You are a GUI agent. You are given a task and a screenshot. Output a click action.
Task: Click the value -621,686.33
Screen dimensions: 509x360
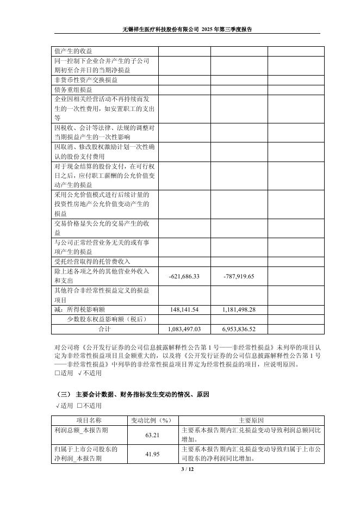point(185,276)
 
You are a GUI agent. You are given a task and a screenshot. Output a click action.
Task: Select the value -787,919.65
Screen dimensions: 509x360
point(239,276)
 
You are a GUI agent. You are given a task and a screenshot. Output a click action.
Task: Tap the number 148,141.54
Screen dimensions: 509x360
point(184,309)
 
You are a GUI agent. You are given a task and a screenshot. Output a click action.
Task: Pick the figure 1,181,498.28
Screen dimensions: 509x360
point(239,309)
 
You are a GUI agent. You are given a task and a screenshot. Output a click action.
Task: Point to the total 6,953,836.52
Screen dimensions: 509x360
point(239,329)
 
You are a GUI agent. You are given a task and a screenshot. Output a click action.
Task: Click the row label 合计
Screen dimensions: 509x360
point(104,329)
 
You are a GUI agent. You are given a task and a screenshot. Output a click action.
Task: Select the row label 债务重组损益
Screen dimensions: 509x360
point(73,90)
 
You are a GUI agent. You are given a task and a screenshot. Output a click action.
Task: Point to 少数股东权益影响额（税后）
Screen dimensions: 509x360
point(107,319)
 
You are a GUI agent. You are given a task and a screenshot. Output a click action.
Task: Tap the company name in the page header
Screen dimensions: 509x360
point(164,29)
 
